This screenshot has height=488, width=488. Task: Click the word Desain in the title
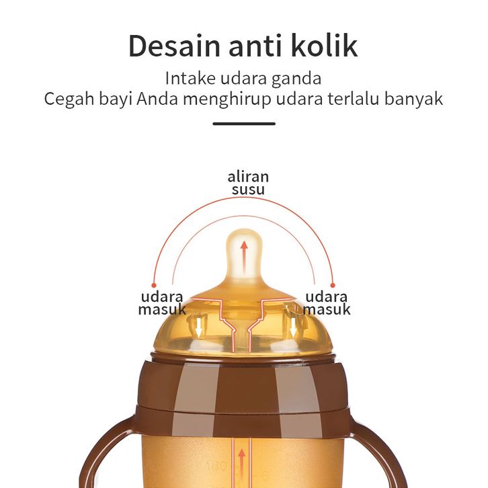(x=173, y=46)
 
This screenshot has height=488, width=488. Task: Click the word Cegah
(x=68, y=99)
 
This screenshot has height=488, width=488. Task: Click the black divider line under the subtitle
(x=243, y=124)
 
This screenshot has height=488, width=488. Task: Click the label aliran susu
(x=248, y=183)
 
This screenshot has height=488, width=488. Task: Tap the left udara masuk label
(x=162, y=303)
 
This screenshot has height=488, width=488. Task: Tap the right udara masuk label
(x=326, y=303)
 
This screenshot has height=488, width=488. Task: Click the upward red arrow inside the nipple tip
(x=244, y=254)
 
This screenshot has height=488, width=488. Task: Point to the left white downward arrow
(x=199, y=327)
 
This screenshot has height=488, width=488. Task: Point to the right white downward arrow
(x=293, y=327)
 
